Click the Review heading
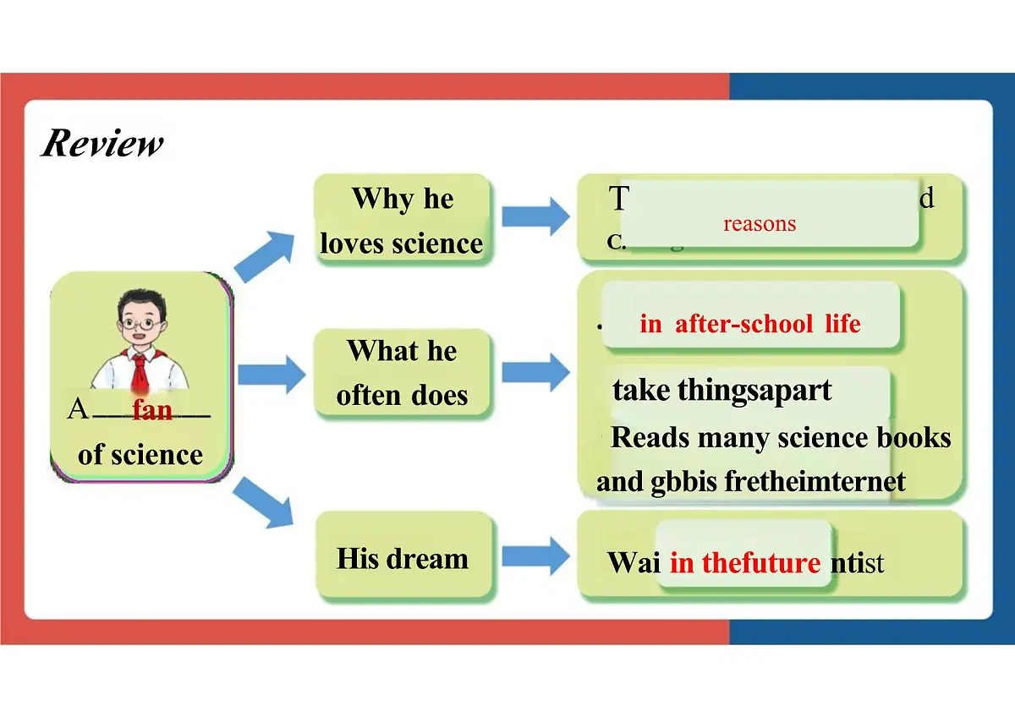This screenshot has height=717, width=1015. coord(102,143)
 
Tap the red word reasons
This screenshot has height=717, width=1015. coord(760,224)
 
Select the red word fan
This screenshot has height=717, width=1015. coord(152,410)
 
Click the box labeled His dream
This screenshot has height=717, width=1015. coord(403,558)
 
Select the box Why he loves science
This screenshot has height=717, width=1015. coord(403,221)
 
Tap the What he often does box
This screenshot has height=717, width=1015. coord(403,373)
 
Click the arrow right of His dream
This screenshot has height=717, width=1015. coord(535,556)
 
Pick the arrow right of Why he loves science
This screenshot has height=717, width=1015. coord(535,215)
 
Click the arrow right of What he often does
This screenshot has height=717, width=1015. coord(535,372)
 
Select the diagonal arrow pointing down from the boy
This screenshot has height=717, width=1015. coord(265,501)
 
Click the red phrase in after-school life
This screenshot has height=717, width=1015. coord(750,324)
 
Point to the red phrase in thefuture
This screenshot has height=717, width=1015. coord(745,563)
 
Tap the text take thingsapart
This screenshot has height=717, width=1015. coord(721,391)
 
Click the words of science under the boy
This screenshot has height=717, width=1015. coord(140,455)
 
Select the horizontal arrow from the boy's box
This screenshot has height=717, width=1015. coord(271,374)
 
